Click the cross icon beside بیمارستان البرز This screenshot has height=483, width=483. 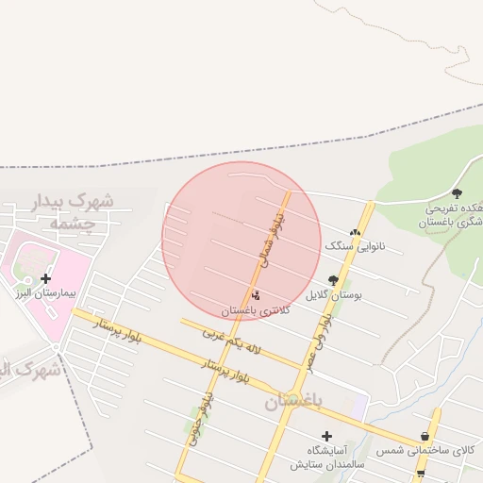click(x=45, y=278)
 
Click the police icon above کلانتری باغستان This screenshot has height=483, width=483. click(x=258, y=295)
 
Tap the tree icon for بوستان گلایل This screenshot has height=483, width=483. click(x=332, y=280)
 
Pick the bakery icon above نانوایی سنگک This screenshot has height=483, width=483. click(x=355, y=231)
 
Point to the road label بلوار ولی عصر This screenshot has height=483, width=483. click(x=319, y=341)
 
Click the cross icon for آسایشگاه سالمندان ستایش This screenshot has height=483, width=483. click(x=326, y=436)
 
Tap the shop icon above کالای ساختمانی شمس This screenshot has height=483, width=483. click(x=425, y=437)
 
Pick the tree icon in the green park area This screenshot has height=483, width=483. click(x=457, y=193)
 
